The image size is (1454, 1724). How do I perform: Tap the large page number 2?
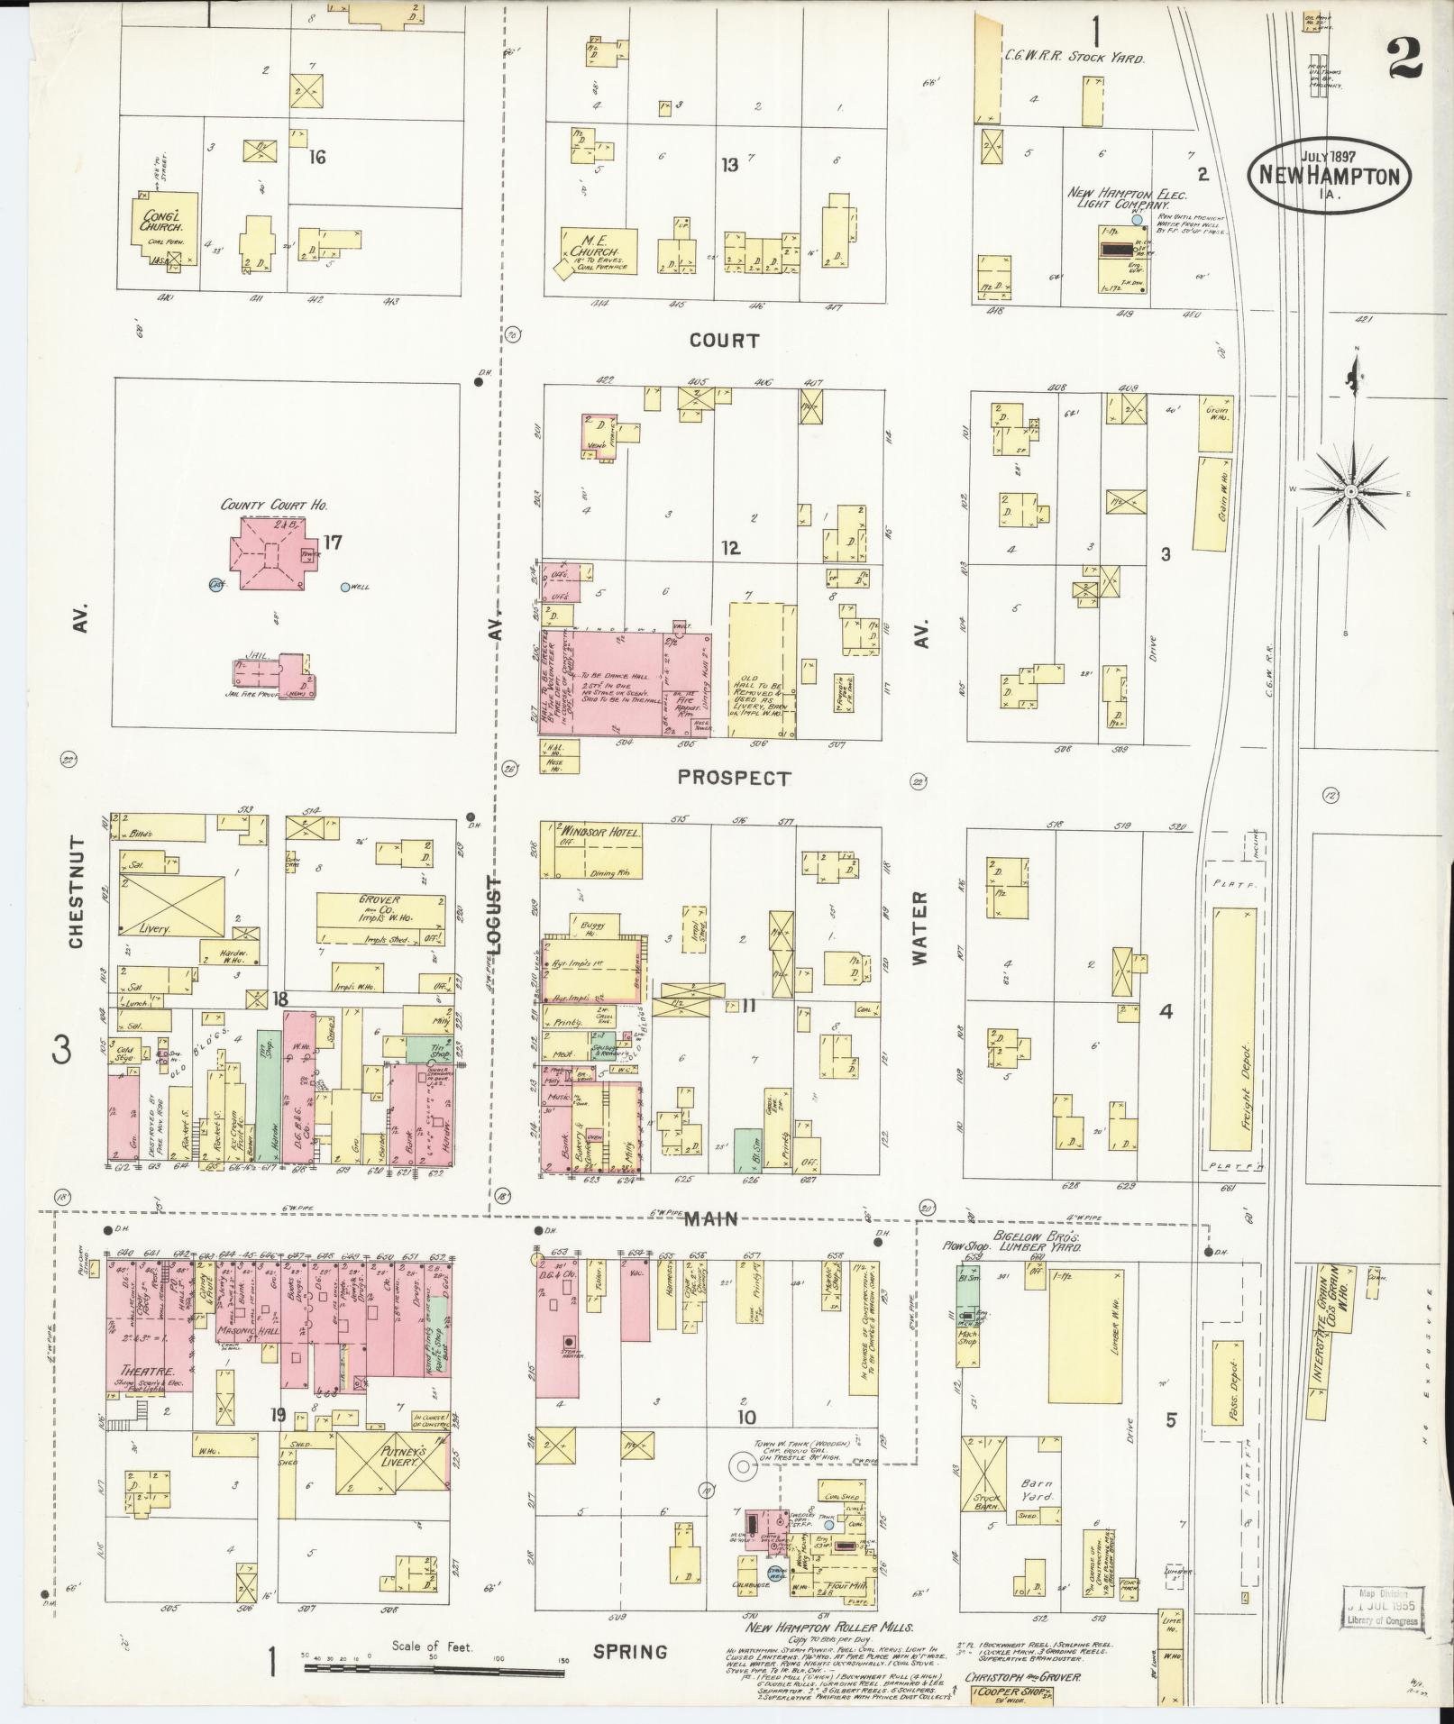pyautogui.click(x=1405, y=60)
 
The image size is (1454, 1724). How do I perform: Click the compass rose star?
pyautogui.click(x=1352, y=491)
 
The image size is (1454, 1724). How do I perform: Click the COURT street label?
pyautogui.click(x=724, y=341)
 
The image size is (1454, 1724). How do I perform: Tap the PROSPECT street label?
pyautogui.click(x=733, y=778)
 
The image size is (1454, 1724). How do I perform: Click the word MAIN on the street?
pyautogui.click(x=710, y=1219)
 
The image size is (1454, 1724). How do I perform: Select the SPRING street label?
pyautogui.click(x=630, y=1652)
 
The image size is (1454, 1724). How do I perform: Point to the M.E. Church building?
pyautogui.click(x=596, y=249)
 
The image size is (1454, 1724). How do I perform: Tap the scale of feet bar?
pyautogui.click(x=434, y=1668)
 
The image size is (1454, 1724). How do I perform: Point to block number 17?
pyautogui.click(x=334, y=543)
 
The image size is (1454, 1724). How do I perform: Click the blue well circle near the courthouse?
pyautogui.click(x=345, y=588)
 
